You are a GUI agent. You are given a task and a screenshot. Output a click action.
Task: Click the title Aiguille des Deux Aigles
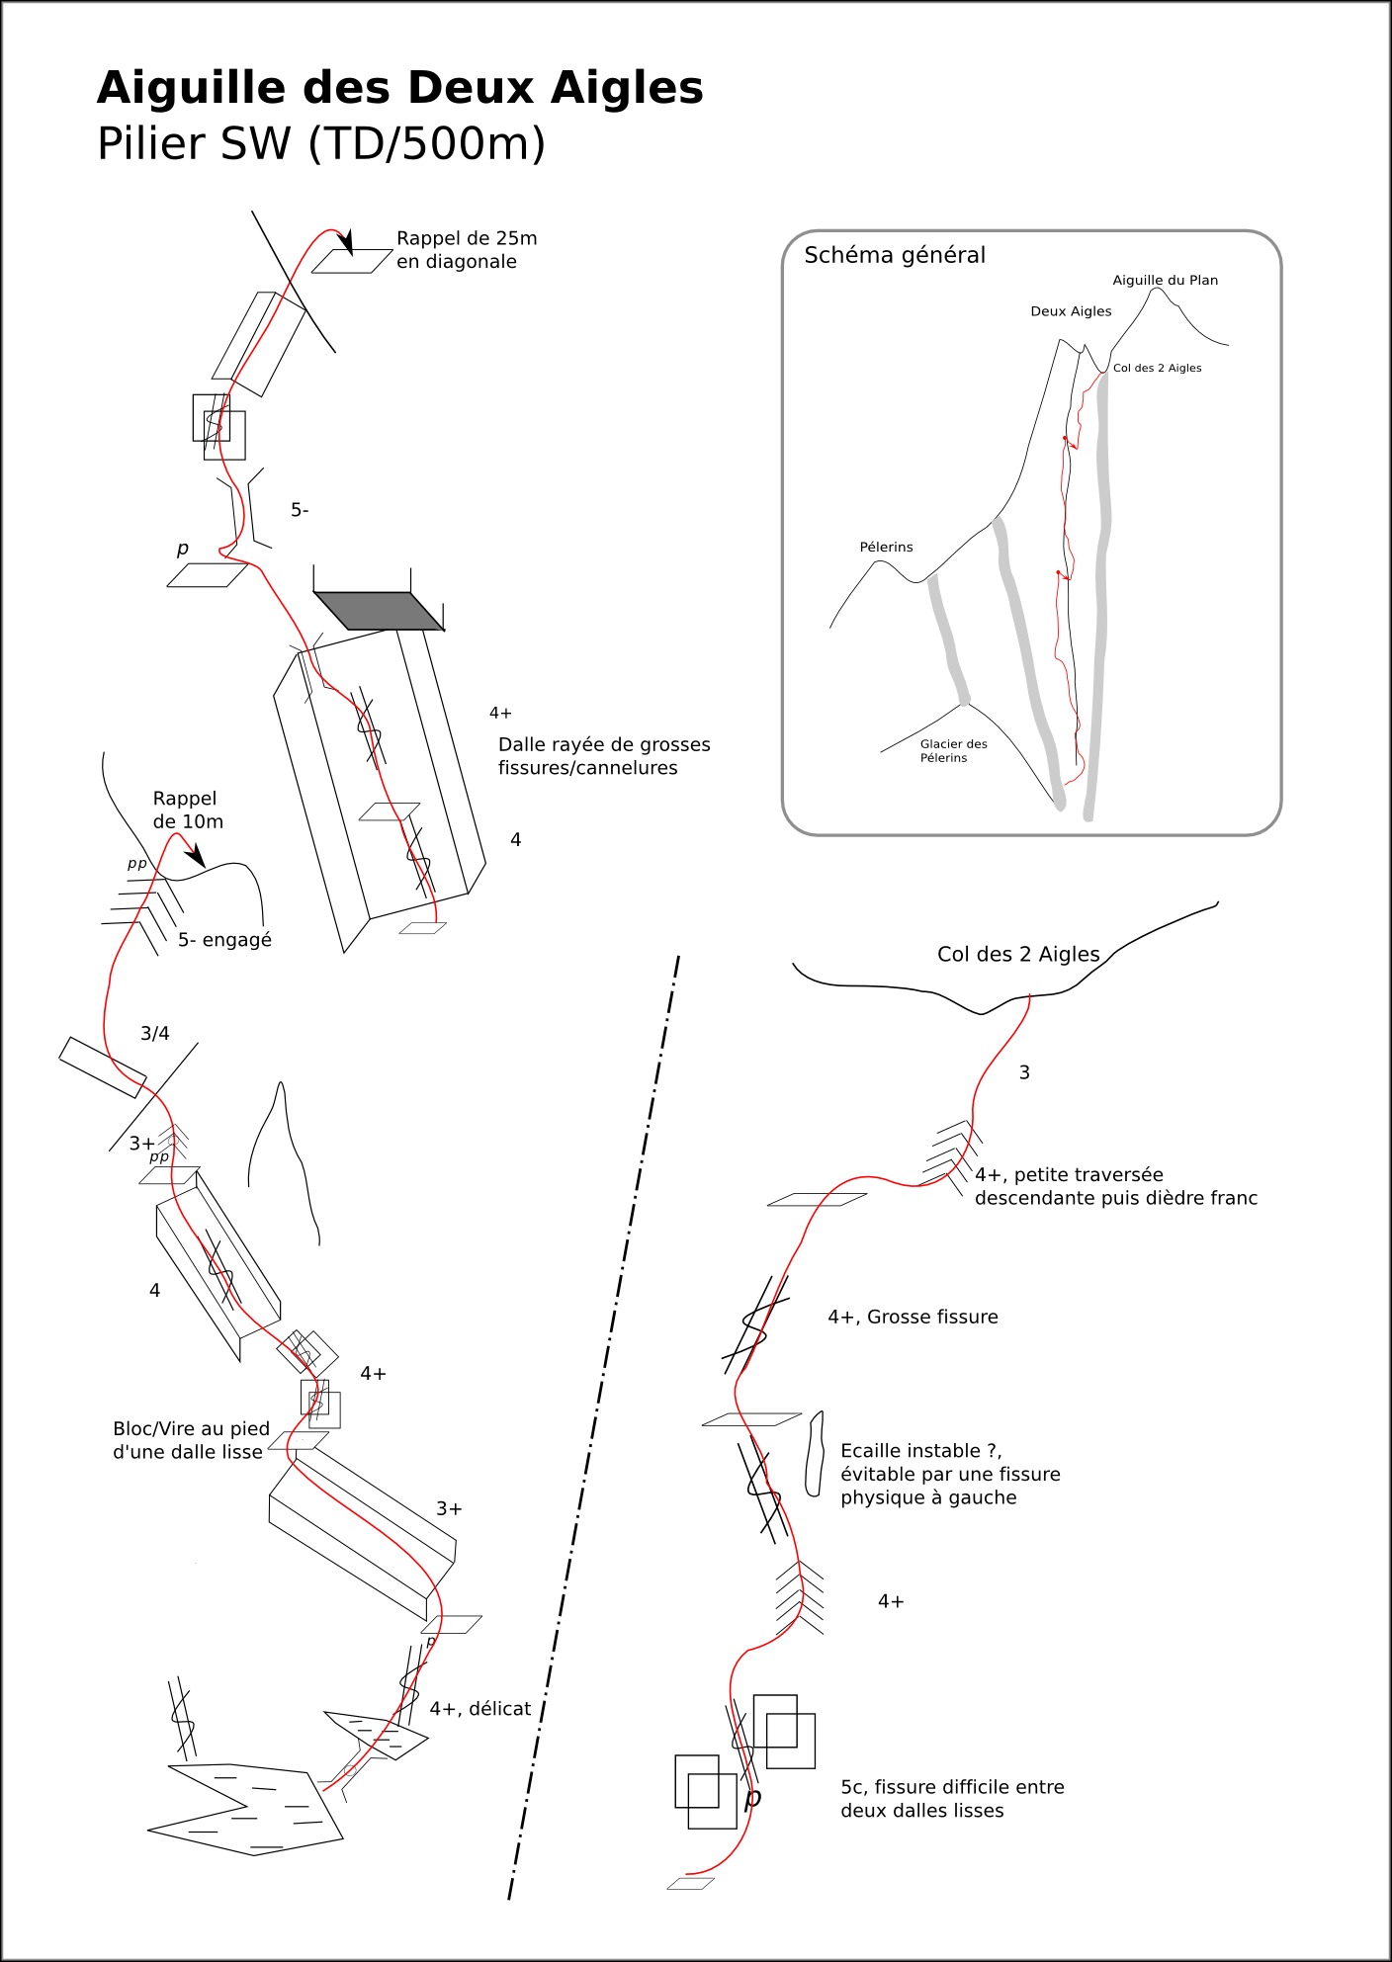(x=399, y=88)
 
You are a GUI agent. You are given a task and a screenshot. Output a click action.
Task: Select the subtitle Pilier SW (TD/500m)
(x=321, y=144)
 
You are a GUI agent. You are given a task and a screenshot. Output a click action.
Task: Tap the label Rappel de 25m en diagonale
(x=467, y=250)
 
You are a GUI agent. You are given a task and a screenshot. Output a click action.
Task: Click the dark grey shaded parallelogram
(x=379, y=611)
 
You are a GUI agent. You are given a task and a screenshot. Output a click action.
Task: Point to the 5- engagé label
(x=224, y=940)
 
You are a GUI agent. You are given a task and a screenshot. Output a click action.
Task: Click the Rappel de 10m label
(x=188, y=810)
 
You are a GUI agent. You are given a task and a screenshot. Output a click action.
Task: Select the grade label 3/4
(x=155, y=1034)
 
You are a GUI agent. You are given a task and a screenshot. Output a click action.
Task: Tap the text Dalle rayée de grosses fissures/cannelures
(x=604, y=756)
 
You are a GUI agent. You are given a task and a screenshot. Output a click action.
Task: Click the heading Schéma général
(x=895, y=255)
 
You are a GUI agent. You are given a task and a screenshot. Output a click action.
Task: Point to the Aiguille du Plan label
(x=1166, y=281)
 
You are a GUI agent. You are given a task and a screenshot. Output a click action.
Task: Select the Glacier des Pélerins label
(x=953, y=751)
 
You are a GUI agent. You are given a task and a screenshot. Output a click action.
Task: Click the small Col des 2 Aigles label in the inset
(x=1158, y=368)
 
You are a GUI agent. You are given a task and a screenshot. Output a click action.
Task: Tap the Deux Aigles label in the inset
(x=1071, y=311)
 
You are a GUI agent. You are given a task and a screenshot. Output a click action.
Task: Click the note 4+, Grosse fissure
(x=913, y=1317)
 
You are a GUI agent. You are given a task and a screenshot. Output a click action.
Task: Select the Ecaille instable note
(x=950, y=1474)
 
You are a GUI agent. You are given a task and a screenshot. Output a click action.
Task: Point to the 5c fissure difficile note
(x=952, y=1799)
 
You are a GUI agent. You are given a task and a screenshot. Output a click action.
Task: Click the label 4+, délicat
(x=480, y=1709)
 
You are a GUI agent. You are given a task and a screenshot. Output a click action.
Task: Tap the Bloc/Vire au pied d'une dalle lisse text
(x=191, y=1440)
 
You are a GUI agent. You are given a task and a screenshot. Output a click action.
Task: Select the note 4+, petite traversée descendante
(x=1116, y=1186)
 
